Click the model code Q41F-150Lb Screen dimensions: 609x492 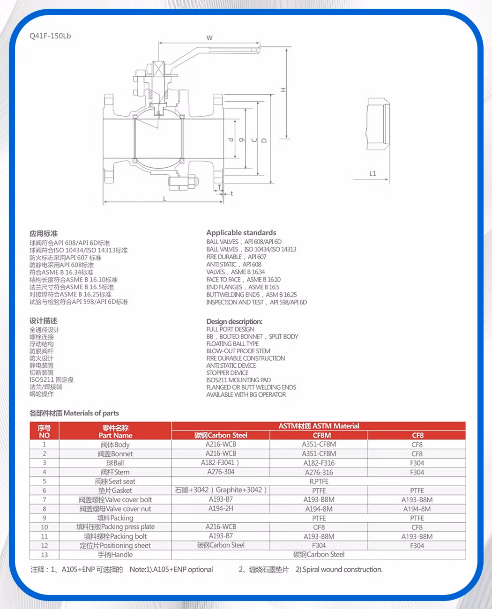pyautogui.click(x=50, y=36)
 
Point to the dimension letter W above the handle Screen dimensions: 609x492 pyautogui.click(x=209, y=38)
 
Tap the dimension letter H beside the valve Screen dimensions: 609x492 pyautogui.click(x=283, y=89)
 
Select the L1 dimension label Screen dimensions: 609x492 pyautogui.click(x=373, y=174)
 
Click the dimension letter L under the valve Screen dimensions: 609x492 pyautogui.click(x=164, y=199)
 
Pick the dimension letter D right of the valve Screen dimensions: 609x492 pyautogui.click(x=264, y=140)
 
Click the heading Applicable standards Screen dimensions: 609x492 pyautogui.click(x=241, y=233)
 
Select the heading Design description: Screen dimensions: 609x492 pyautogui.click(x=234, y=321)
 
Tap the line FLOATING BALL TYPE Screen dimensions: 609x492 pyautogui.click(x=232, y=343)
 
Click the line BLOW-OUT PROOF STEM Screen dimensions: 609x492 pyautogui.click(x=238, y=351)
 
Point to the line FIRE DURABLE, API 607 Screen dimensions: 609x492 pyautogui.click(x=236, y=257)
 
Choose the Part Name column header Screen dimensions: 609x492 pyautogui.click(x=115, y=435)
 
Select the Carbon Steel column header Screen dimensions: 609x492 pyautogui.click(x=221, y=435)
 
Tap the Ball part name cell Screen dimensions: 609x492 pyautogui.click(x=115, y=463)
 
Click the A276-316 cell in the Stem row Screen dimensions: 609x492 pyautogui.click(x=319, y=472)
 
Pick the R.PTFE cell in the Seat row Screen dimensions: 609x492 pyautogui.click(x=319, y=481)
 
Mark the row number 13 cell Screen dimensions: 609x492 pyautogui.click(x=45, y=555)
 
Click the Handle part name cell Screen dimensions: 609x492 pyautogui.click(x=115, y=555)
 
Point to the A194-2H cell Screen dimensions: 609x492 pyautogui.click(x=221, y=508)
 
